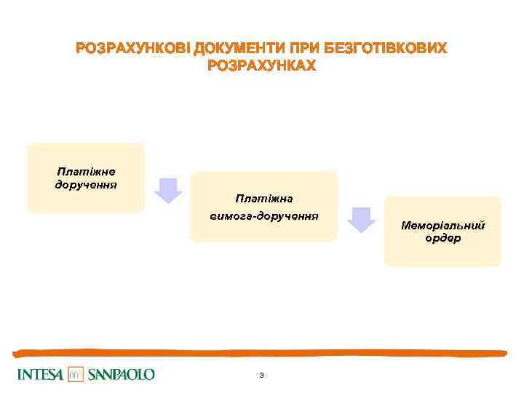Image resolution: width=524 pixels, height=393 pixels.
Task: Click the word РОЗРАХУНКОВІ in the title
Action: pos(132,49)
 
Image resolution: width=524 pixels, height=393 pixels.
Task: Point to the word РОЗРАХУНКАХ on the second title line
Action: pos(262,66)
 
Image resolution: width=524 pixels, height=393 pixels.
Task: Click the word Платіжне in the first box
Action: pos(86,172)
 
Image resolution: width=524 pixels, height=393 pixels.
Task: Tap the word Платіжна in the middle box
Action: pos(263,198)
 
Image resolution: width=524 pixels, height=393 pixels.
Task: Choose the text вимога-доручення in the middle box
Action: pos(263,216)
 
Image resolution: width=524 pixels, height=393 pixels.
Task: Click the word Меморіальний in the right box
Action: pos(442,226)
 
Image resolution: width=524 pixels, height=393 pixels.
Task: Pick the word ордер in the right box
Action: pos(442,238)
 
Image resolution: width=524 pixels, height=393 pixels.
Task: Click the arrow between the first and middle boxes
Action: pos(168,190)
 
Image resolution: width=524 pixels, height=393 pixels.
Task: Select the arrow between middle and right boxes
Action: pos(360,219)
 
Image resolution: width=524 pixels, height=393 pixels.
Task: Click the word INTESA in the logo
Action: pos(40,375)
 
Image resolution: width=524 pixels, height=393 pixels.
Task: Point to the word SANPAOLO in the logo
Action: pos(122,375)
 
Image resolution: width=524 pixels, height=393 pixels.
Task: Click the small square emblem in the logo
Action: pos(76,374)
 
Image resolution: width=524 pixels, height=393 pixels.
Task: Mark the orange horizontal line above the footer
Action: pos(262,353)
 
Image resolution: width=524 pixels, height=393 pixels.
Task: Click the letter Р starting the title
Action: pos(80,49)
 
